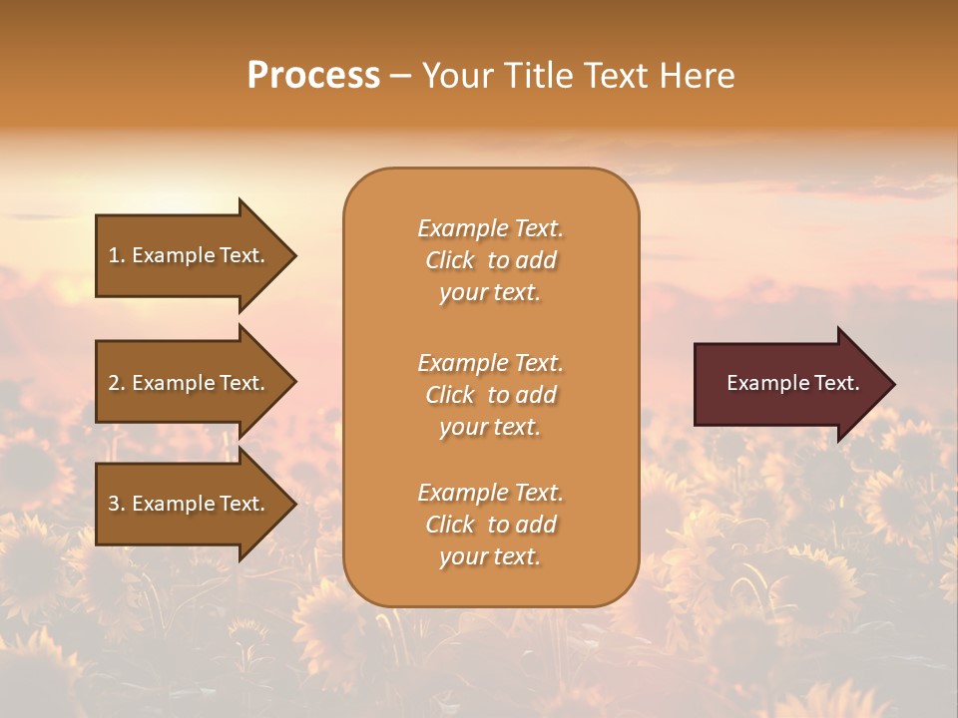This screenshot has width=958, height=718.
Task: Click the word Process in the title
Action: tap(313, 75)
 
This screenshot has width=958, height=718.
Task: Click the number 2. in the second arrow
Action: tap(117, 383)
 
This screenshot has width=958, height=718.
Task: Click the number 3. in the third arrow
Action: tap(117, 504)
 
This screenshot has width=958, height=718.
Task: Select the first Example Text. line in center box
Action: tap(490, 228)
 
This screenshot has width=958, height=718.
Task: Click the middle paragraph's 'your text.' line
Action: tap(490, 427)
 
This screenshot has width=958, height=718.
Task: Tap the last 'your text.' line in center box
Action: tap(490, 556)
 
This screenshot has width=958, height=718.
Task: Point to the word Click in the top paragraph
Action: tap(450, 260)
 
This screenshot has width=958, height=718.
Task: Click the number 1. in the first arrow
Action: tap(117, 255)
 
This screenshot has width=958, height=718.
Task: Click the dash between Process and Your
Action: tap(400, 77)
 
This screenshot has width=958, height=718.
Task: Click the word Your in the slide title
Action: tap(454, 75)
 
